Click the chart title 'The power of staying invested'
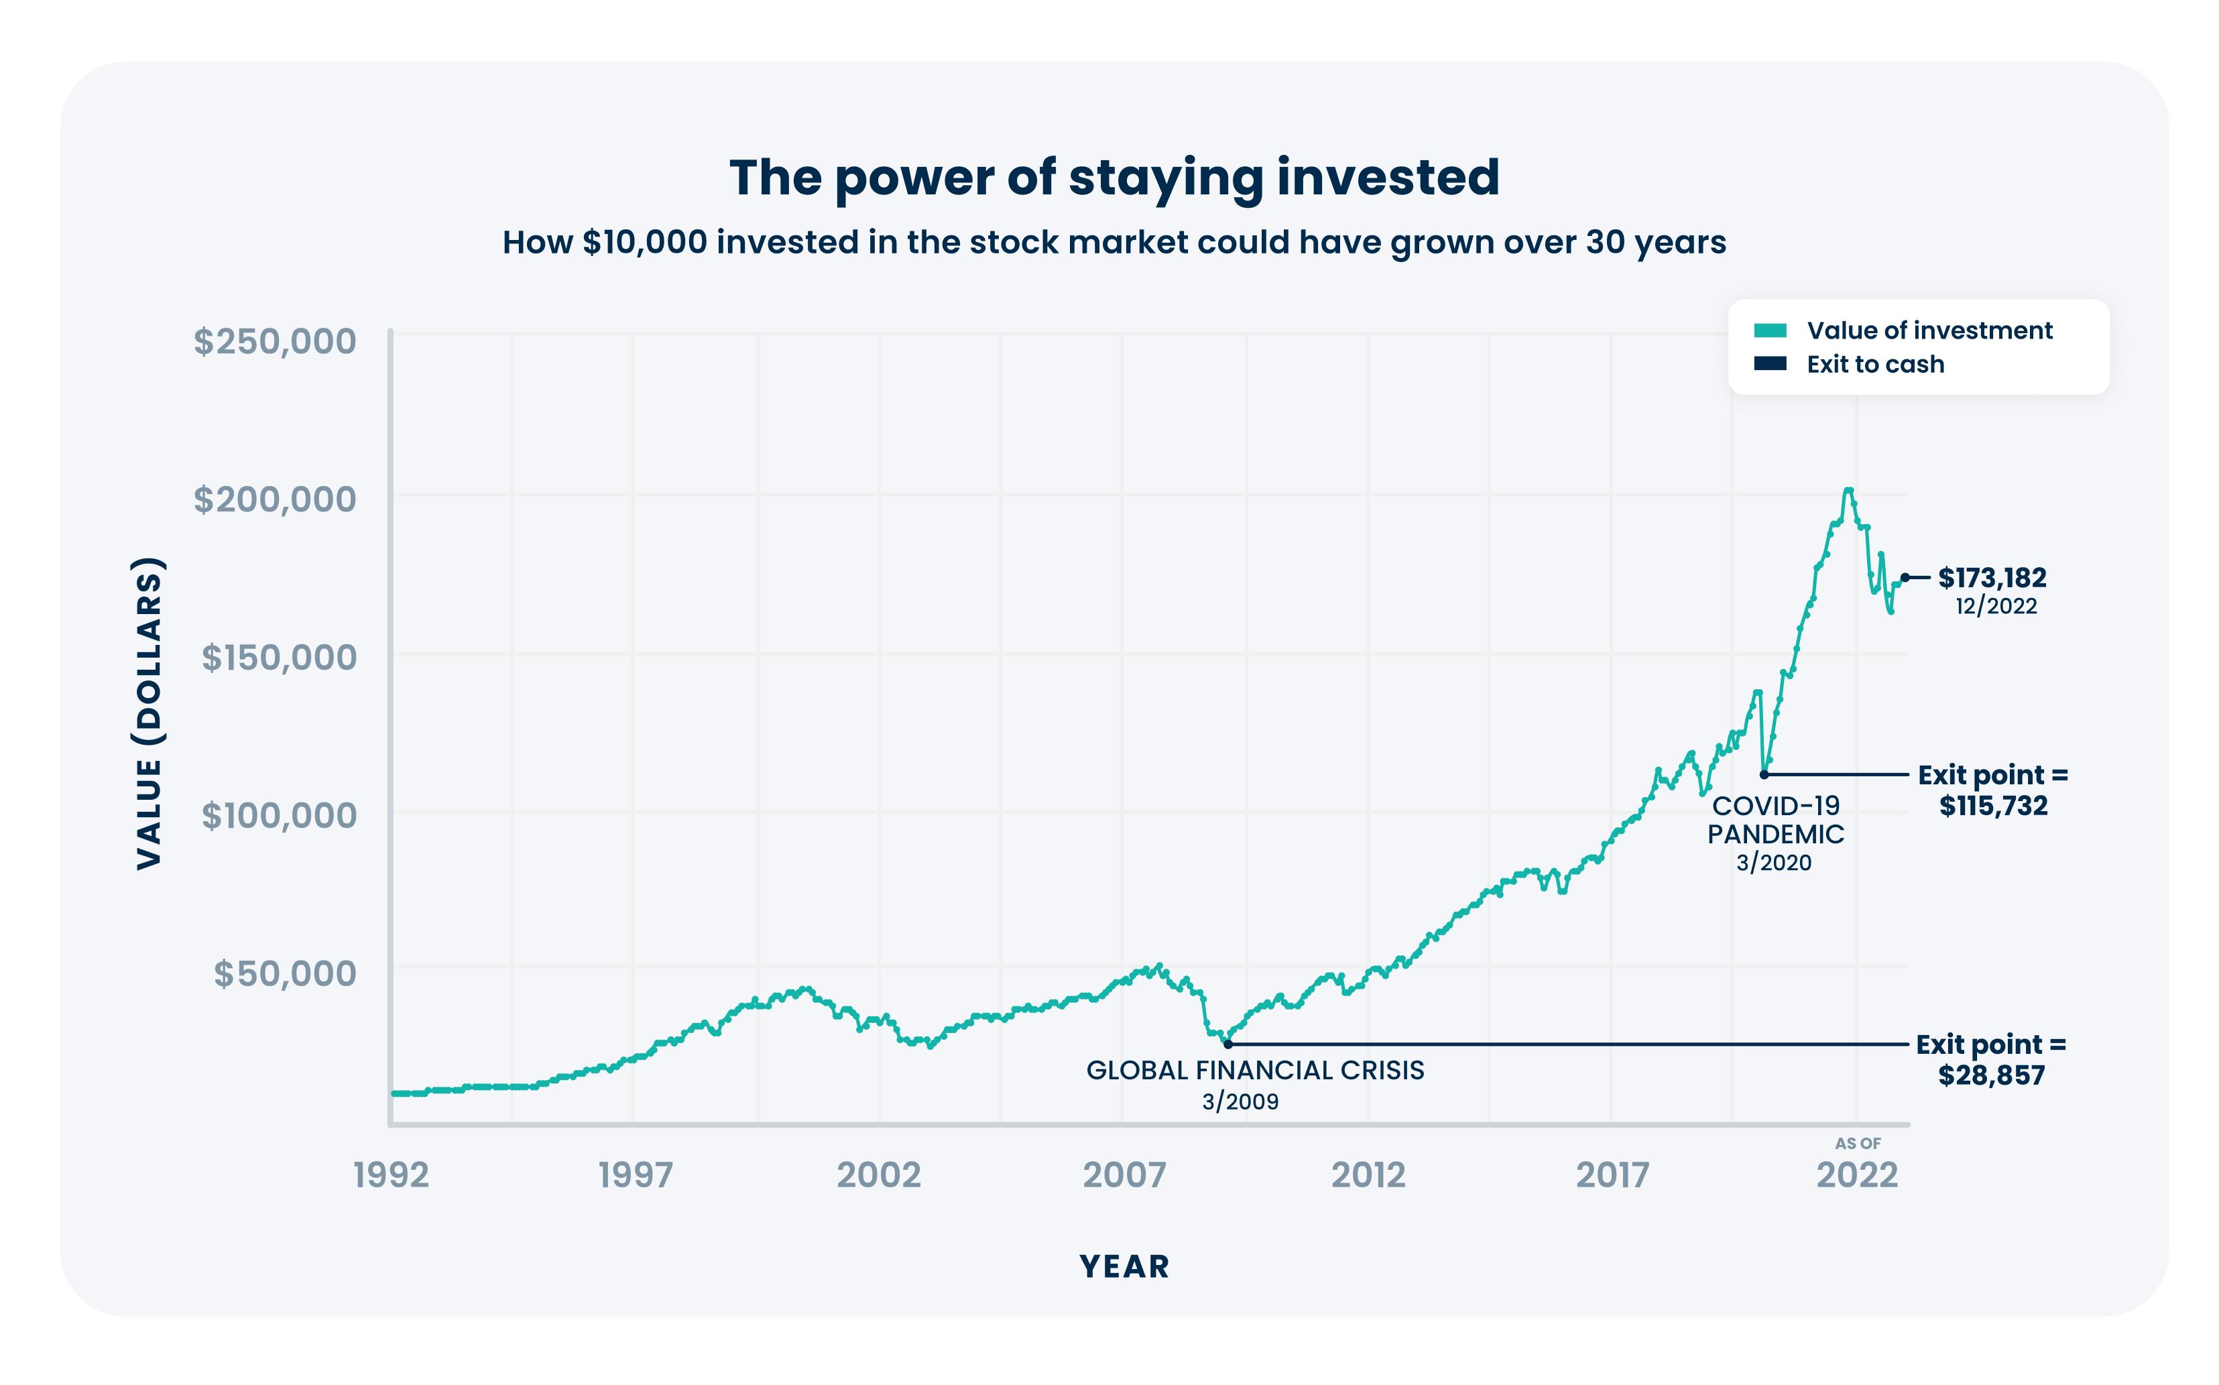tap(1114, 177)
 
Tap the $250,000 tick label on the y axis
tap(275, 342)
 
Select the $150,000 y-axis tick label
tap(278, 658)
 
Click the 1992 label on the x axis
tap(391, 1175)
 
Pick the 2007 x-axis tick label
tap(1124, 1175)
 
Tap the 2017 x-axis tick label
tap(1612, 1175)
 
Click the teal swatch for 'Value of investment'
tap(1769, 330)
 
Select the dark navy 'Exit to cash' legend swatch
tap(1769, 363)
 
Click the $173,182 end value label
tap(1991, 578)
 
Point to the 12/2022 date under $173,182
tap(1996, 607)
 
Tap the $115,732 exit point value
tap(1993, 806)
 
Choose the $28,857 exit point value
tap(1991, 1075)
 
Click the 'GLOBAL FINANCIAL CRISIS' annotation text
tap(1255, 1071)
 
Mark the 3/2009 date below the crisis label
tap(1240, 1102)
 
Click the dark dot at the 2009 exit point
tap(1228, 1044)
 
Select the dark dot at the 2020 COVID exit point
tap(1764, 775)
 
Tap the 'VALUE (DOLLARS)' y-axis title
tap(149, 713)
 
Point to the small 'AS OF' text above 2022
tap(1857, 1143)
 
